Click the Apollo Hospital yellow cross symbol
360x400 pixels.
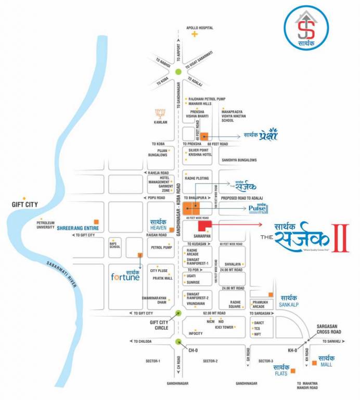tap(195, 34)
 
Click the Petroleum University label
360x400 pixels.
tap(45, 225)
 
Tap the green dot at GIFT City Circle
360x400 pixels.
tap(178, 314)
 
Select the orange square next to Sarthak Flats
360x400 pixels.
tap(293, 370)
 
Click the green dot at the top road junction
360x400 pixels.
tap(178, 72)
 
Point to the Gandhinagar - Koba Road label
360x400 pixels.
tap(178, 211)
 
